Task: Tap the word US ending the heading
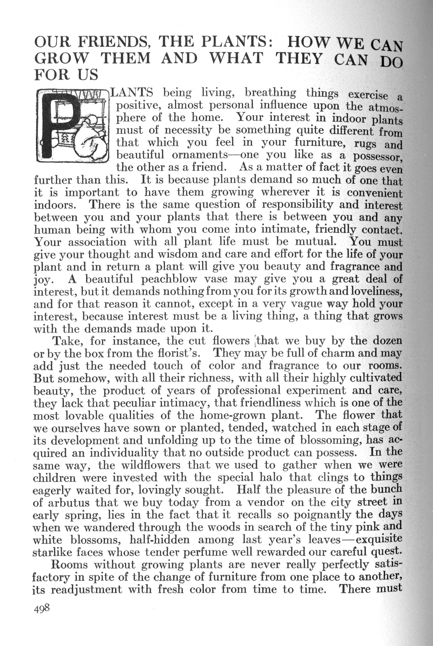coord(88,75)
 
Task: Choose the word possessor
coord(377,156)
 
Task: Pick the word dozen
coord(387,341)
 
